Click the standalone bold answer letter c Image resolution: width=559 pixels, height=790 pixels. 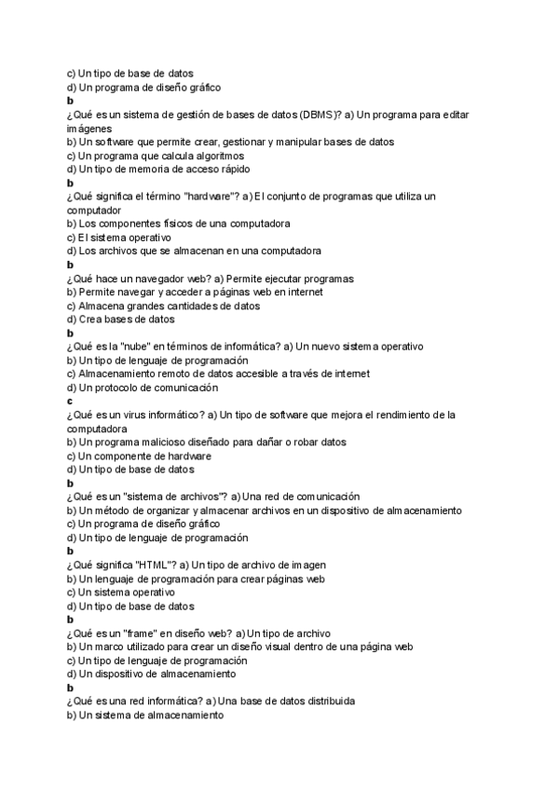coord(70,401)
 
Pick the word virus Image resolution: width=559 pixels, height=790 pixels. coord(135,415)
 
